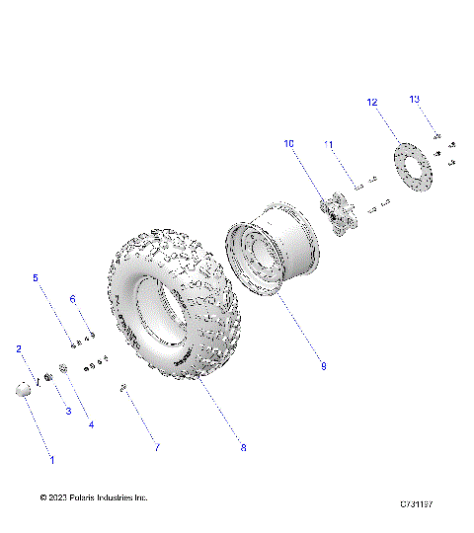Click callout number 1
[x=52, y=459]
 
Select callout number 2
[x=18, y=349]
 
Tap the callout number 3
[x=68, y=410]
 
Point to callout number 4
[x=91, y=424]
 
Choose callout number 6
[x=72, y=299]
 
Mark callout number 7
[x=156, y=448]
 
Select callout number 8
[x=244, y=448]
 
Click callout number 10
[x=289, y=144]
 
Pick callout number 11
[x=329, y=145]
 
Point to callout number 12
[x=372, y=103]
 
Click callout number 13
[x=415, y=99]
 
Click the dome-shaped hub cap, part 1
[x=23, y=390]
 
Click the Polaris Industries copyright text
[x=94, y=497]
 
